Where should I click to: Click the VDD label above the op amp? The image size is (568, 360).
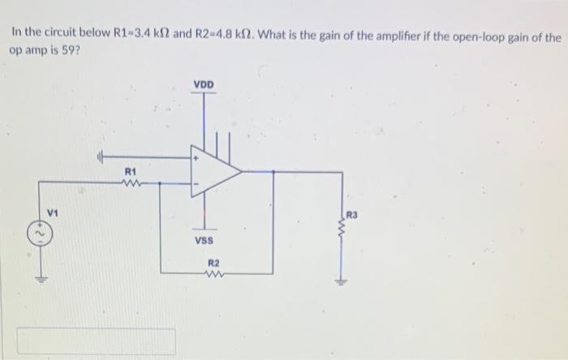pyautogui.click(x=204, y=84)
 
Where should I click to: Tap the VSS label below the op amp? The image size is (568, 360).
pyautogui.click(x=204, y=239)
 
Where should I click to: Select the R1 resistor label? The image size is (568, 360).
pyautogui.click(x=130, y=171)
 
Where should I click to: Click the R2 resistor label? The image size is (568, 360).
pyautogui.click(x=213, y=264)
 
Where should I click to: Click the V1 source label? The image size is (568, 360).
pyautogui.click(x=52, y=213)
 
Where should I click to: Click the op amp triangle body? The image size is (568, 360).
pyautogui.click(x=213, y=172)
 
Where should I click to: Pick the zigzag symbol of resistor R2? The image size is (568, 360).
pyautogui.click(x=213, y=275)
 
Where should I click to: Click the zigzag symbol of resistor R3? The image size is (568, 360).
pyautogui.click(x=341, y=234)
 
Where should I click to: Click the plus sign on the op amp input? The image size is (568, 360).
pyautogui.click(x=196, y=160)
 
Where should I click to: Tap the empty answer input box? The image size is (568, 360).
pyautogui.click(x=97, y=341)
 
